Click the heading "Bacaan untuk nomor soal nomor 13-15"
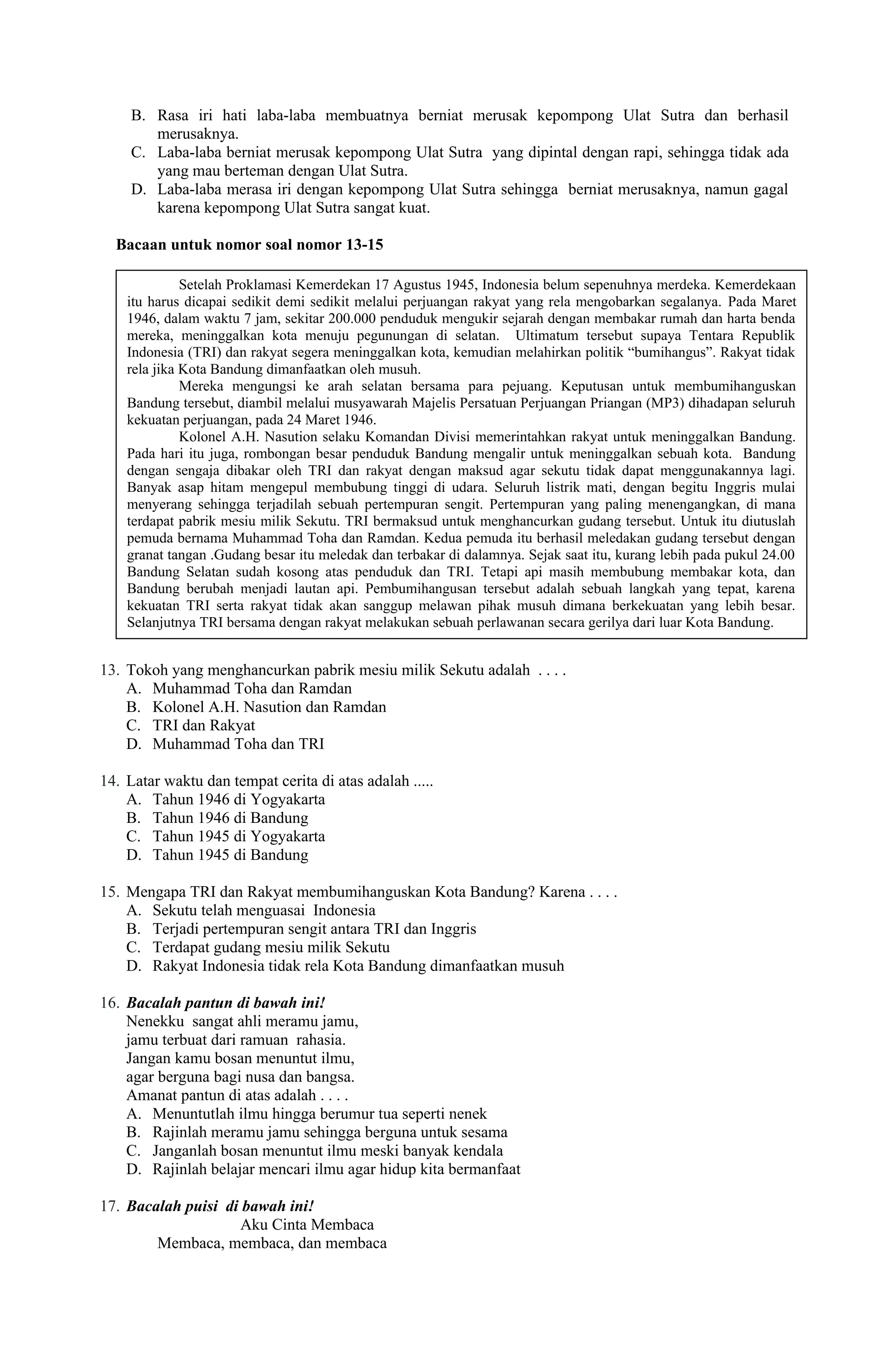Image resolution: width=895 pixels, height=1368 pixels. point(249,245)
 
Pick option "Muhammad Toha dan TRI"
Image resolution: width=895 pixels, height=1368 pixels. point(238,744)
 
